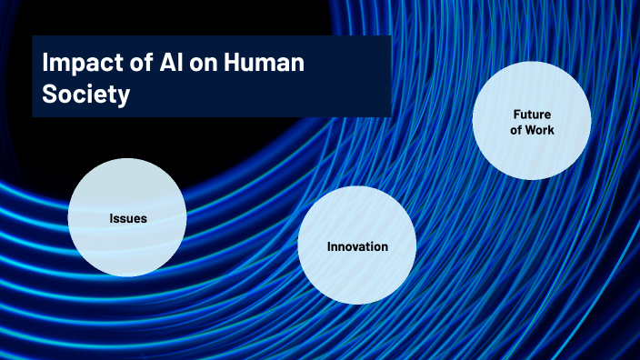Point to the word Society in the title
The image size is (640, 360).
[85, 95]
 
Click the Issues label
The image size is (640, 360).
[127, 218]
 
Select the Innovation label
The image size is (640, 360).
[357, 246]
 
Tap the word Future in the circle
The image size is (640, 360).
[532, 115]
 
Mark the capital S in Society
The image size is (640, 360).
[51, 95]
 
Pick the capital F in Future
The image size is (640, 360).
[516, 115]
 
